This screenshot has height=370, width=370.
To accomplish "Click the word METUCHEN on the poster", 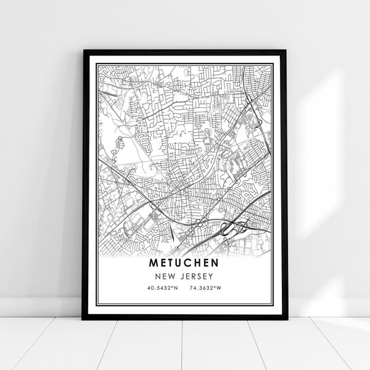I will point(185,263).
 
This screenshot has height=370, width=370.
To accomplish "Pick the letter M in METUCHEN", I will point(152,263).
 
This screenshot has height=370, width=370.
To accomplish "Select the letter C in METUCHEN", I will point(189,263).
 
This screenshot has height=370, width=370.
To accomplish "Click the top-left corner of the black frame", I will point(84,51).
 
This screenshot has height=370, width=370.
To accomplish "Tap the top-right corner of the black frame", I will point(286,51).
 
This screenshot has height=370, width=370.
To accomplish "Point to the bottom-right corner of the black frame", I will point(287,318).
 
